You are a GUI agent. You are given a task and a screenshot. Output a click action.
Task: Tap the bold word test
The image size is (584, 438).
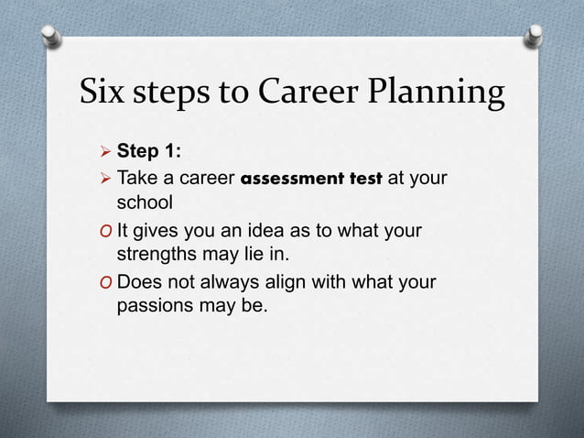tap(367, 178)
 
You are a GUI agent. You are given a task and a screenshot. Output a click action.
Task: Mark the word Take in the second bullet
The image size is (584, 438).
tap(138, 178)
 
